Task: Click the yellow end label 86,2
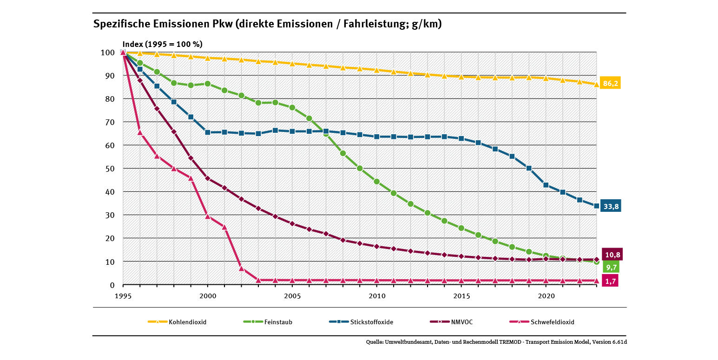pyautogui.click(x=610, y=84)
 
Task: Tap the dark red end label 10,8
pyautogui.click(x=612, y=255)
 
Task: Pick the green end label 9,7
pyautogui.click(x=611, y=267)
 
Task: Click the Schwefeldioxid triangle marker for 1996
pyautogui.click(x=140, y=132)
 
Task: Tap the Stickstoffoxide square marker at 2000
pyautogui.click(x=207, y=132)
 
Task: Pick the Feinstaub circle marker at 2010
pyautogui.click(x=377, y=182)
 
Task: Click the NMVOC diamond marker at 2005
pyautogui.click(x=292, y=223)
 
